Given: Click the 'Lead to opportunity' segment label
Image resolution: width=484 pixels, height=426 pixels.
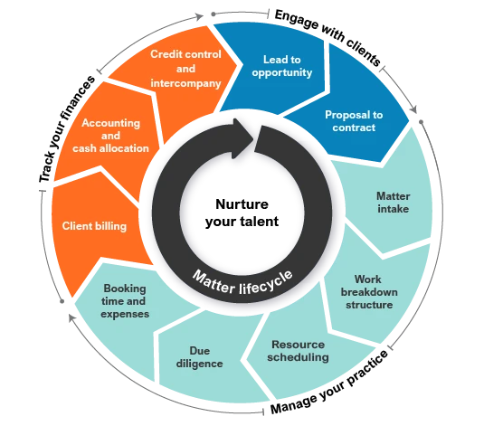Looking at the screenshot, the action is pos(282,66).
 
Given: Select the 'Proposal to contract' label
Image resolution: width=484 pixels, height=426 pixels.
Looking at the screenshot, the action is pos(354,121).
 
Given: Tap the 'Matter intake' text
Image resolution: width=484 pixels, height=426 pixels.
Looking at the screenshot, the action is pos(394,203).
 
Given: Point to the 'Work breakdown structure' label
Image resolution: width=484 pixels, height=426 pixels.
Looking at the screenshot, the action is pos(369,292).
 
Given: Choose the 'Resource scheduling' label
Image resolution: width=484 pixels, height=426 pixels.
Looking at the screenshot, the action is pos(298,351).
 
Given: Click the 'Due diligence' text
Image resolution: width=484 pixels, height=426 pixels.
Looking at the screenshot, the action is pos(199,357).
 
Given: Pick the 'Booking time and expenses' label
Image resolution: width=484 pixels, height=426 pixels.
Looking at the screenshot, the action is pos(125,301).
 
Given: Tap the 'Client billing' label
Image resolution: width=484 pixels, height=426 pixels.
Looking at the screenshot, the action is pos(94,226).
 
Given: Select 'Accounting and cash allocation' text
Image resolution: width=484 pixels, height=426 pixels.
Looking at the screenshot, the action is pos(110,136).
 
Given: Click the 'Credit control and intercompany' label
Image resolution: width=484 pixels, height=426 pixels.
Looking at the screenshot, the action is pos(185,69).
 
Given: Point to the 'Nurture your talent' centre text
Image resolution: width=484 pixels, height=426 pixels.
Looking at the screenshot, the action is pos(242,213).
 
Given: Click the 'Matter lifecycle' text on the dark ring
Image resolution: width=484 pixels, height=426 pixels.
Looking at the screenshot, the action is pos(242,283).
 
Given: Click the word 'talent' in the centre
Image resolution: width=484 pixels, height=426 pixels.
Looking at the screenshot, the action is pos(260,222).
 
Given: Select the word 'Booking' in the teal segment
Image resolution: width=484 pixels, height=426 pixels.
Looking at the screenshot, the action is pos(125,289).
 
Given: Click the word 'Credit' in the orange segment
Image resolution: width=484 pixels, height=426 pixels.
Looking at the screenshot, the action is pos(163,54).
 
